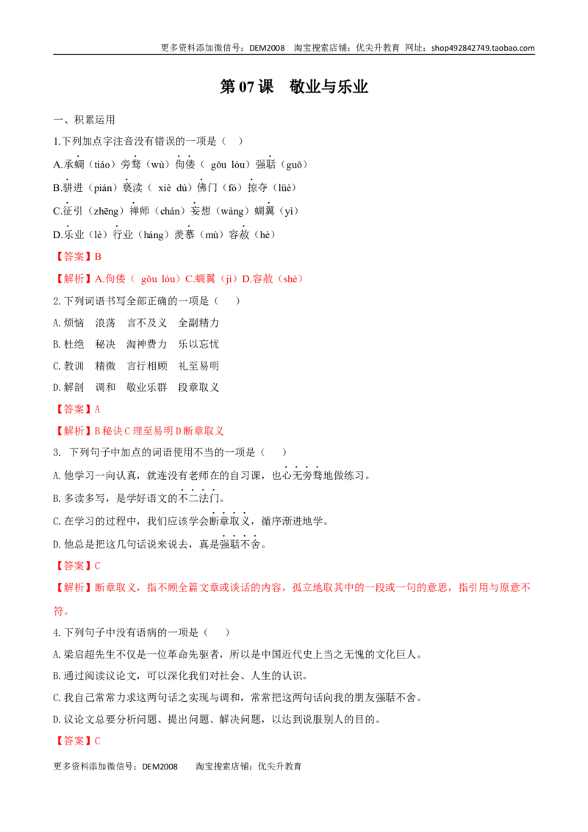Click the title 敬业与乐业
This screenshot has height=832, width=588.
tap(329, 87)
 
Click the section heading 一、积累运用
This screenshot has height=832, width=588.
tap(84, 120)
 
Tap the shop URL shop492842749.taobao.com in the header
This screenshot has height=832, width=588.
tap(483, 48)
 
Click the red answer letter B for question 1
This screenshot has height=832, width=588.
tap(98, 257)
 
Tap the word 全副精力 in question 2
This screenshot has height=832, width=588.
tap(198, 323)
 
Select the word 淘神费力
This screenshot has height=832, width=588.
tap(146, 345)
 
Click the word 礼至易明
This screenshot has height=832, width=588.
tap(198, 366)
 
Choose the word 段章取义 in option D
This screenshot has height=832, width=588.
tap(198, 387)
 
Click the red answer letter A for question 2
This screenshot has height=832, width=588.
tap(97, 409)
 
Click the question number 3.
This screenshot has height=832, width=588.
tap(57, 453)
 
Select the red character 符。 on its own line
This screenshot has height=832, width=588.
tap(61, 611)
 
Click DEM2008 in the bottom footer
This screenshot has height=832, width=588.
tap(159, 767)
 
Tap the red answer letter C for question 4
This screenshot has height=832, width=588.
tap(97, 742)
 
